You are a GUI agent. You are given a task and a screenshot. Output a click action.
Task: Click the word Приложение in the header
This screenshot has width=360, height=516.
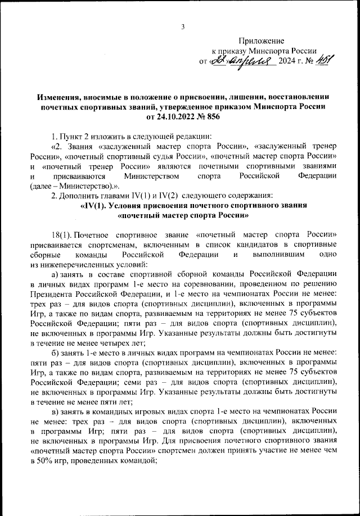point(262,40)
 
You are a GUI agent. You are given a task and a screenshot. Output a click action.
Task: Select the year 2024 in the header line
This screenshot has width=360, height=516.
point(289,61)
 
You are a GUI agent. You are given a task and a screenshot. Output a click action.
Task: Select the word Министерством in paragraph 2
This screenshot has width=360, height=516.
point(151,176)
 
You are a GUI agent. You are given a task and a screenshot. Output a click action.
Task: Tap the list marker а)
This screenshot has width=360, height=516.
point(56,273)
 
